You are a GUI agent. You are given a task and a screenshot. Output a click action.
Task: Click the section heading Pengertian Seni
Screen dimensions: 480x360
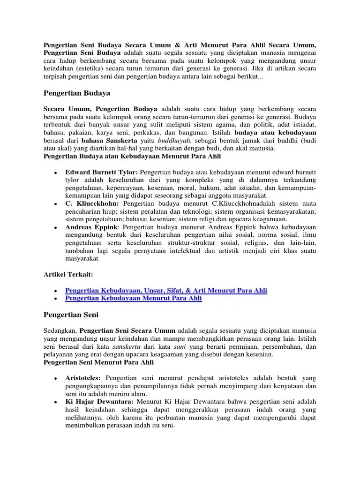[x=70, y=315]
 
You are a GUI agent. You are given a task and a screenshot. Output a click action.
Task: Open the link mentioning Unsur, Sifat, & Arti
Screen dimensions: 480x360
[x=166, y=291]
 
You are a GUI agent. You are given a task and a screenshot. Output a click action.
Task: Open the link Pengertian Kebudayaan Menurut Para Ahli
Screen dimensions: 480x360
[x=134, y=298]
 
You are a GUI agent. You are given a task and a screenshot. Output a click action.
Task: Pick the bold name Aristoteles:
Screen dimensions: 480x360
[x=83, y=378]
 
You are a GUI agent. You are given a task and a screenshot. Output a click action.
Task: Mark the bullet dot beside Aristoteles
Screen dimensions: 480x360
[x=56, y=378]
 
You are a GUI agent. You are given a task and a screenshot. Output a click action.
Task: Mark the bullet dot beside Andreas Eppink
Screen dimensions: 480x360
[x=56, y=227]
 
